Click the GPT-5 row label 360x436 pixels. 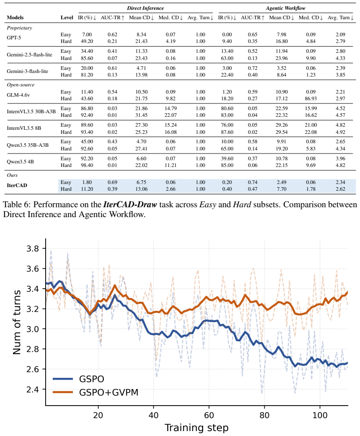click(13, 38)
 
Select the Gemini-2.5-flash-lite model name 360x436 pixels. click(30, 55)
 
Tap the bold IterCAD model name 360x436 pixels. click(17, 185)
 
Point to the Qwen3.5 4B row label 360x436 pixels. click(20, 162)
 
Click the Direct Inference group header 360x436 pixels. click(145, 8)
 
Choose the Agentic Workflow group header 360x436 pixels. click(286, 8)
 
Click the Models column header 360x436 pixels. click(15, 17)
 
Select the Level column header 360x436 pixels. click(67, 17)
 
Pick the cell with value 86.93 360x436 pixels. click(311, 98)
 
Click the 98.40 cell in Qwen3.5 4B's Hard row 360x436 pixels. click(87, 165)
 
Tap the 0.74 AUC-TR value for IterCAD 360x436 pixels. click(253, 182)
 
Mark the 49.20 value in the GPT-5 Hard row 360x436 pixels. click(87, 41)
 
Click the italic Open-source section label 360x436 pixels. click(21, 85)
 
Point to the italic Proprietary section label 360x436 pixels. click(19, 28)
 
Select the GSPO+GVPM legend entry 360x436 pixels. click(95, 392)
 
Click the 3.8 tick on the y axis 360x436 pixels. click(33, 248)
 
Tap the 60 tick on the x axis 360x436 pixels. click(209, 415)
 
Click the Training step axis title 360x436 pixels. click(197, 427)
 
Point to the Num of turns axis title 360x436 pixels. click(17, 322)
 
